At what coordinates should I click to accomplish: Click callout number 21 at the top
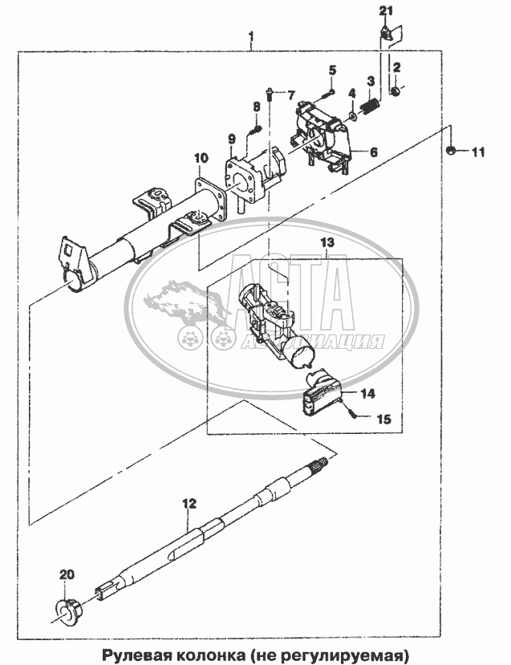pos(386,11)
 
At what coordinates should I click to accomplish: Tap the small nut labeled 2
pos(395,91)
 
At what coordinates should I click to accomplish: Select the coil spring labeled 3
pos(371,105)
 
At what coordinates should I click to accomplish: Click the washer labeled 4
pos(352,115)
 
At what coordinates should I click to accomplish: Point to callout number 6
pos(374,152)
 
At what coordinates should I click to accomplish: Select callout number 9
pos(232,139)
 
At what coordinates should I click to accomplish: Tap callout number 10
pos(201,158)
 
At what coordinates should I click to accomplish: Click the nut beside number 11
pos(452,150)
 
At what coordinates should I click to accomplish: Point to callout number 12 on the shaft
pos(189,504)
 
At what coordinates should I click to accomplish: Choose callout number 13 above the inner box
pos(327,242)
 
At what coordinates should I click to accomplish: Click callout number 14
pos(367,393)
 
